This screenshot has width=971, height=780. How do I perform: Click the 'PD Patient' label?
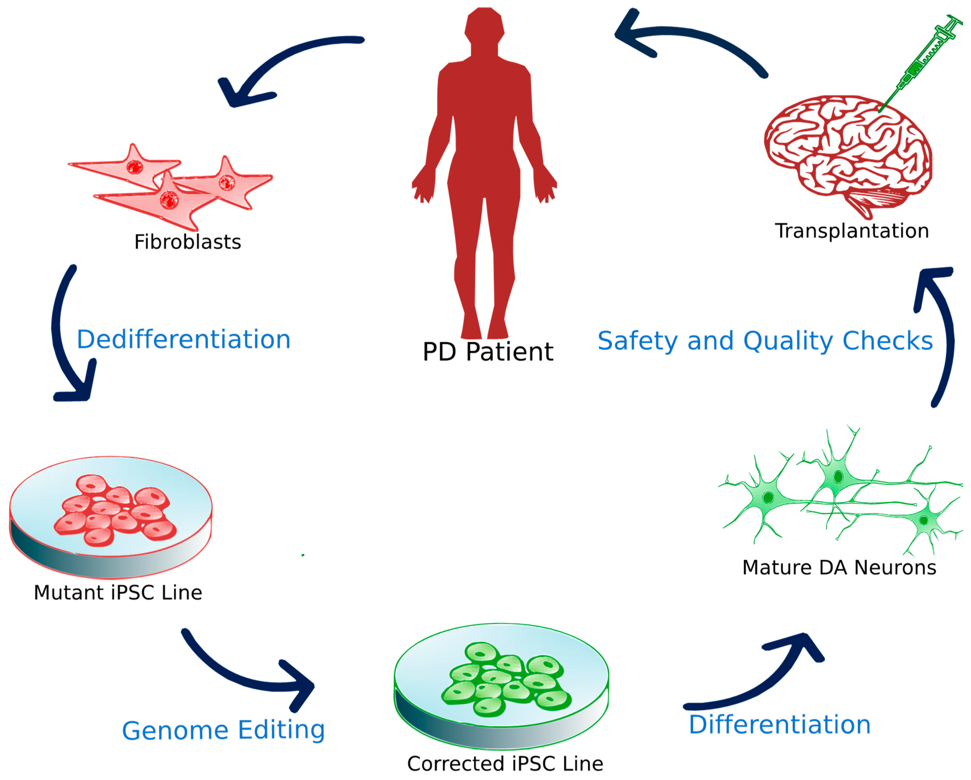[x=488, y=352]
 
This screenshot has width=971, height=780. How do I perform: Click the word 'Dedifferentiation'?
[x=183, y=339]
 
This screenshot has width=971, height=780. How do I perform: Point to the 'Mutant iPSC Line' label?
[x=118, y=593]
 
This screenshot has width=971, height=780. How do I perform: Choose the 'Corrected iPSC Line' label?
[x=505, y=764]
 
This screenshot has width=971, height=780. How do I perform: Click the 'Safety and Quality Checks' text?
[x=765, y=341]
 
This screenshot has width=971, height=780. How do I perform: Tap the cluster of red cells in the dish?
[x=115, y=511]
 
